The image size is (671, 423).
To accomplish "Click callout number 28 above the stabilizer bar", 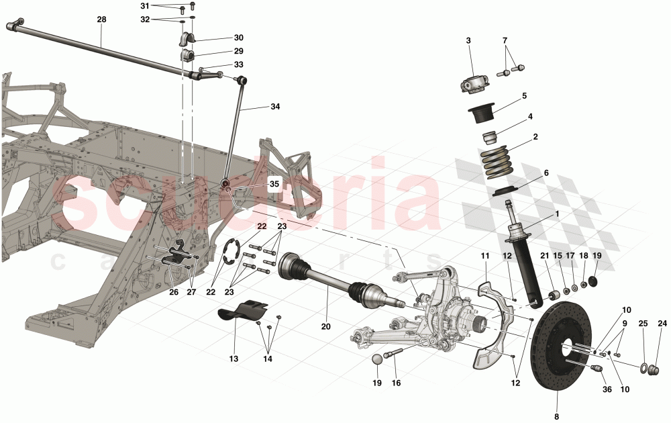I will [101, 19].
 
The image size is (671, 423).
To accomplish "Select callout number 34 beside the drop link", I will [274, 107].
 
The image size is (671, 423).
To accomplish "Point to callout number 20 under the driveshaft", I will [326, 327].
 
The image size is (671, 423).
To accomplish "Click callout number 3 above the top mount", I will [468, 40].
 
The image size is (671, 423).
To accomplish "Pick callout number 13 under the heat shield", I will [234, 359].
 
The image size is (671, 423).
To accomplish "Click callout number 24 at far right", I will [663, 324].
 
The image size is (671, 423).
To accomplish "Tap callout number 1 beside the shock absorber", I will [556, 214].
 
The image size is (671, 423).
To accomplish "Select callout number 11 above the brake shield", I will [485, 255].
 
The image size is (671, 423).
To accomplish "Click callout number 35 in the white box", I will [274, 183].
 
